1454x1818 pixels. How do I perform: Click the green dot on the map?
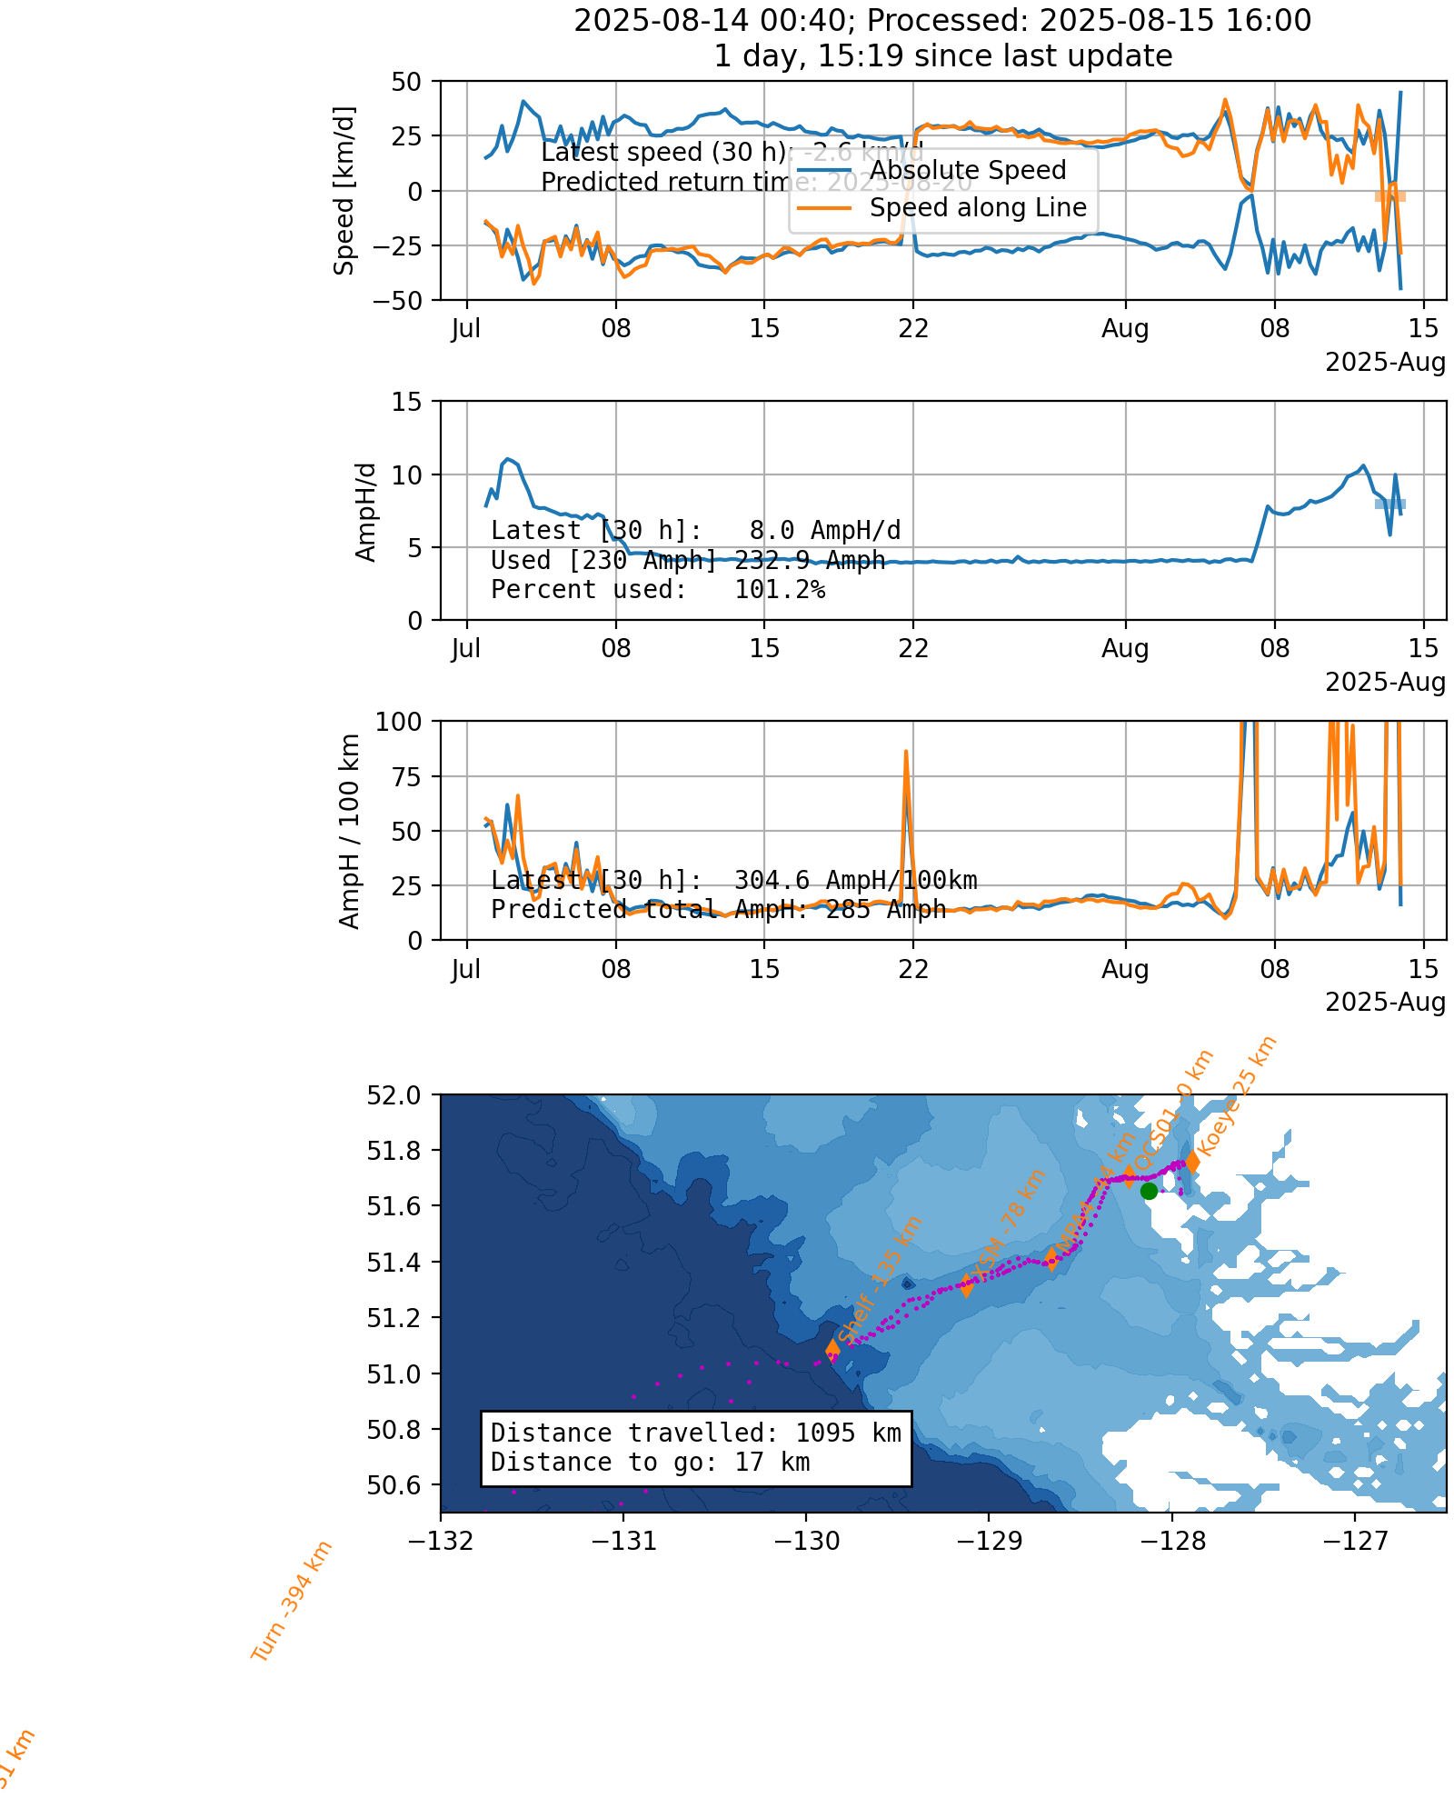coord(1149,1191)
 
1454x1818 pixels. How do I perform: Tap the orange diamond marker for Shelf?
coord(832,1350)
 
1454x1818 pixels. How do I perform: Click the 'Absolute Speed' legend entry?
coord(967,171)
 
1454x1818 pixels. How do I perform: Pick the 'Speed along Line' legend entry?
coord(978,208)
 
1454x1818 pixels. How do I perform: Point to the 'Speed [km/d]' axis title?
coord(344,191)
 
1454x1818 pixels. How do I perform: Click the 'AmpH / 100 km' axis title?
coord(350,831)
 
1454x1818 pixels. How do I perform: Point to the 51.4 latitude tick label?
coord(394,1262)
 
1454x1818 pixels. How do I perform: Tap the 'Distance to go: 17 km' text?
coord(650,1462)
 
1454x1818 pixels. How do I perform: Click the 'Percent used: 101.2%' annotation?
coord(658,590)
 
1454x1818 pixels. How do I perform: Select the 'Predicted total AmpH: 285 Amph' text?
coord(718,909)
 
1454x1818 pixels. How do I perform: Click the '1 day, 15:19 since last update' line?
coord(942,56)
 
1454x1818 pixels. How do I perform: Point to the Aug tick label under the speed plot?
coord(1125,329)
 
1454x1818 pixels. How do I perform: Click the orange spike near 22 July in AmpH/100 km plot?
coord(906,754)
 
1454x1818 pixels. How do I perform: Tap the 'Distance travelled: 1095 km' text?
coord(695,1433)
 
